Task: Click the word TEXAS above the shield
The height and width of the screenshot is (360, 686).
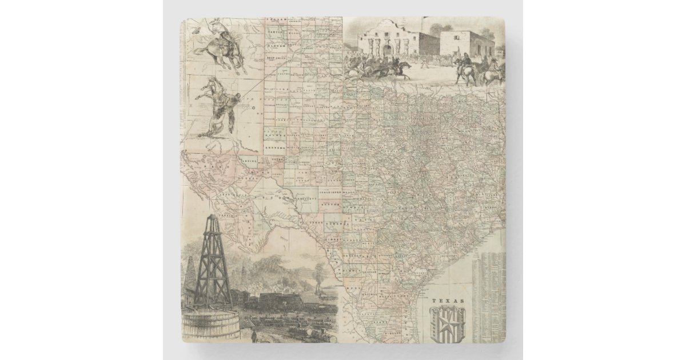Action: coord(448,301)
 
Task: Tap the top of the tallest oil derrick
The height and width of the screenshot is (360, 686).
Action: coord(213,218)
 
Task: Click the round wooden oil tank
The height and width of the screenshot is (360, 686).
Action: coord(209,323)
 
